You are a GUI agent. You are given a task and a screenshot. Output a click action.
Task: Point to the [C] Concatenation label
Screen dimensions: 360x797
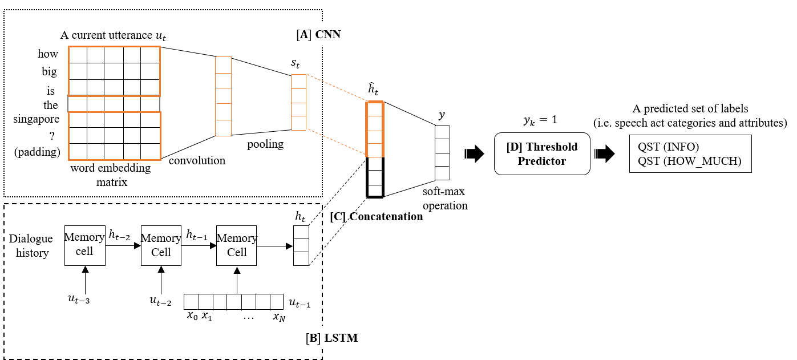377,217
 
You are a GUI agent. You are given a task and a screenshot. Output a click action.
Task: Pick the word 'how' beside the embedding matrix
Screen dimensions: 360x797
48,54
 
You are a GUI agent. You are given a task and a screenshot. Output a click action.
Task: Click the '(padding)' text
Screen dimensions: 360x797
38,152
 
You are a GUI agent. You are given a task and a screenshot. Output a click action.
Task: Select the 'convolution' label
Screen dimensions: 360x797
197,160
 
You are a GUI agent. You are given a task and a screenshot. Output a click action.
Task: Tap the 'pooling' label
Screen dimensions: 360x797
265,144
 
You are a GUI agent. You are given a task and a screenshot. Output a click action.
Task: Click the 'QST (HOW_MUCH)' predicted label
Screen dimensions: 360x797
690,161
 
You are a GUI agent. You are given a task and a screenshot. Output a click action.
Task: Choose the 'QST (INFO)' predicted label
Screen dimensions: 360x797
669,146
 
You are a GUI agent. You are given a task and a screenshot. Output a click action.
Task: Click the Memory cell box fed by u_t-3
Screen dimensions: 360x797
84,244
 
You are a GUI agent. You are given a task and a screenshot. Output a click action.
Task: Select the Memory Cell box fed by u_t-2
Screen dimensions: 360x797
161,244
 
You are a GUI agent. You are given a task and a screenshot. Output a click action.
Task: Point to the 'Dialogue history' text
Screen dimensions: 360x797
31,245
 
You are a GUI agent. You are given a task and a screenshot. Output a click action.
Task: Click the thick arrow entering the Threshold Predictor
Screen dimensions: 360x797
474,153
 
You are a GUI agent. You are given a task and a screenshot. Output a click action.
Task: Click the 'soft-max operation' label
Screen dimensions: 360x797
446,199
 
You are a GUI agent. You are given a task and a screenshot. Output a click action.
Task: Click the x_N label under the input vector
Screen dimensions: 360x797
278,317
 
